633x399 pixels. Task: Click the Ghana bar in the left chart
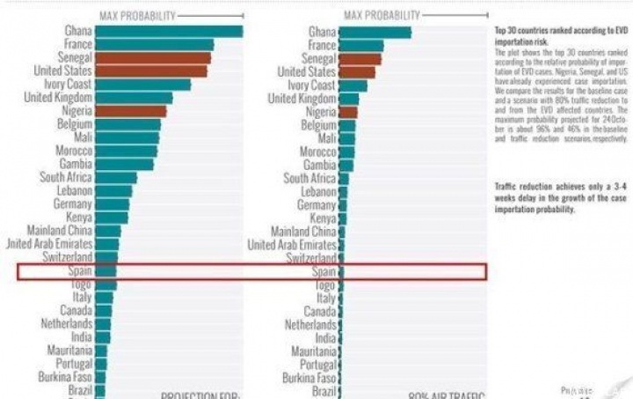pos(167,32)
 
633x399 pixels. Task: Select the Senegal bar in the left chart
pos(151,58)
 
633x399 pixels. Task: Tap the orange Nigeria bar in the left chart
pos(130,112)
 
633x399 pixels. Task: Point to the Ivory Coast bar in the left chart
pos(142,85)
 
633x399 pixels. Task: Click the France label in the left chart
pos(77,45)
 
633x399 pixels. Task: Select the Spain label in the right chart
pos(324,272)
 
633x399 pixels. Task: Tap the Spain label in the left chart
pos(78,272)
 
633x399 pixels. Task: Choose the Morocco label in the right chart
pos(318,151)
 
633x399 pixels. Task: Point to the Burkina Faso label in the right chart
pos(306,377)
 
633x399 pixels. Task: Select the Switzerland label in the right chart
pos(311,258)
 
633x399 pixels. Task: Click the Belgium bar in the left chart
pos(127,125)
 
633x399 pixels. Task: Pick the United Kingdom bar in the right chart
pos(352,99)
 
